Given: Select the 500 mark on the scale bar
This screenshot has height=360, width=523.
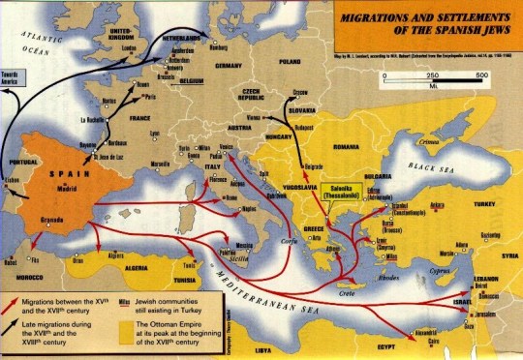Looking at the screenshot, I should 483,75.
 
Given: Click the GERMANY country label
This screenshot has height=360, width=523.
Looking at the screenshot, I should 228,67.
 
